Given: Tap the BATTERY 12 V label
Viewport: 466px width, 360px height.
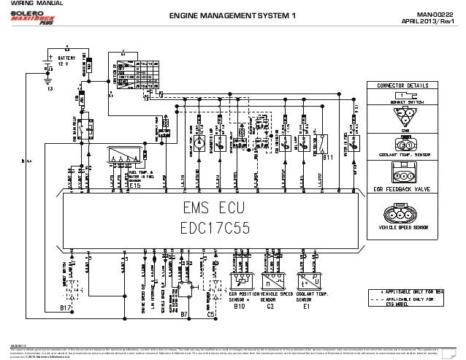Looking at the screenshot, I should tap(66, 61).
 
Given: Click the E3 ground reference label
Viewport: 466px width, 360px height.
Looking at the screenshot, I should tap(49, 90).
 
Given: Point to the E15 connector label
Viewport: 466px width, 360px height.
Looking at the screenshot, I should tap(136, 164).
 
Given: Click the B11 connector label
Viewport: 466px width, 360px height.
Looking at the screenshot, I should tap(328, 156).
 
